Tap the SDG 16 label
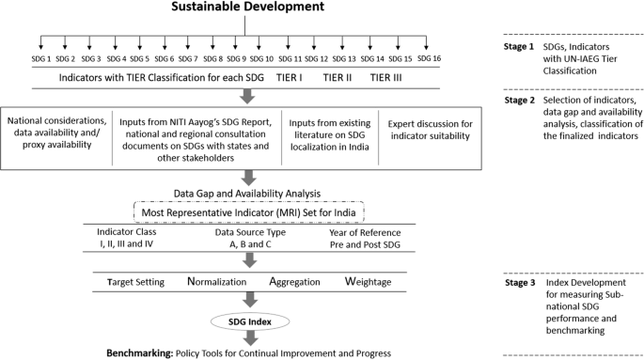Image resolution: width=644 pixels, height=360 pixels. point(429,59)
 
